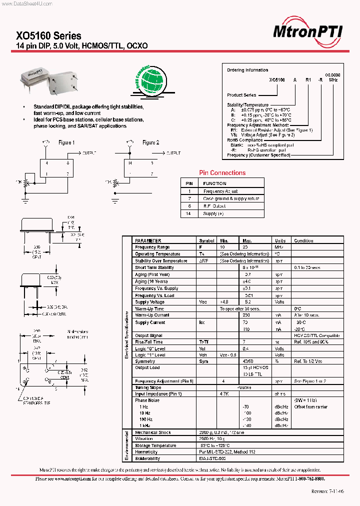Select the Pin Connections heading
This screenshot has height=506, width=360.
[x=222, y=173]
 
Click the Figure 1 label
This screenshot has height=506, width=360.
[x=66, y=142]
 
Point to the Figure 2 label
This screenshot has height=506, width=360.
[x=150, y=142]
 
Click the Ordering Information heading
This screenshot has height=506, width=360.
[x=247, y=70]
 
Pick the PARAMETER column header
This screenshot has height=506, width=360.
[x=148, y=240]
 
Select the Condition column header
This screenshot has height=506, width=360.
[x=303, y=240]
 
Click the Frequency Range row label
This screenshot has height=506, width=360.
[x=152, y=247]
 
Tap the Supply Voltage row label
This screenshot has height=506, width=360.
[x=149, y=302]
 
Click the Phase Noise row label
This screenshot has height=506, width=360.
[x=147, y=400]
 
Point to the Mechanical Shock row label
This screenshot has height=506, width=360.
[x=152, y=432]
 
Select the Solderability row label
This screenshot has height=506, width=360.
[x=147, y=458]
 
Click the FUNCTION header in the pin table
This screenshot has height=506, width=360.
[x=214, y=183]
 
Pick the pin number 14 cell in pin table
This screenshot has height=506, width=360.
[x=189, y=213]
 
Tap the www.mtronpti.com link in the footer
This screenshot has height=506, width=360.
[x=70, y=478]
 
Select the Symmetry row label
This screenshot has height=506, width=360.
[x=145, y=361]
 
